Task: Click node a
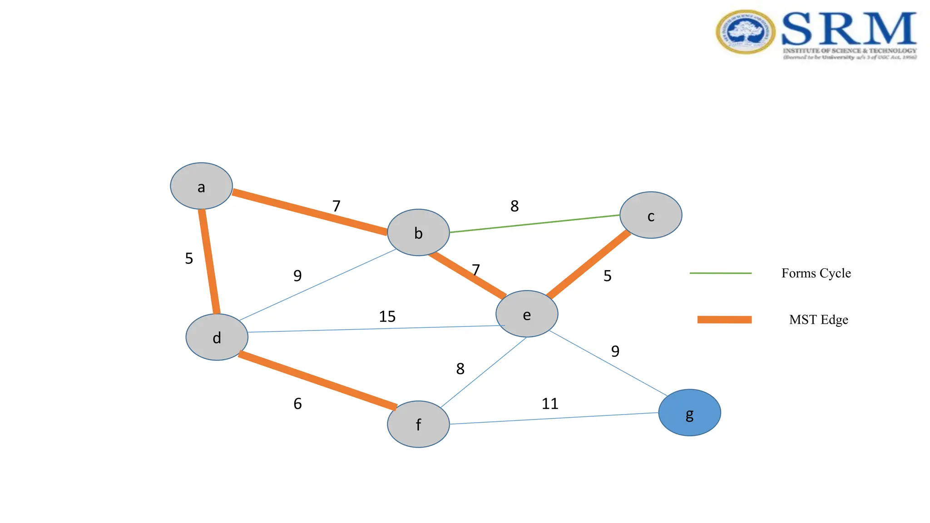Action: [201, 186]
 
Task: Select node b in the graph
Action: [418, 232]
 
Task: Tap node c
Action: [651, 215]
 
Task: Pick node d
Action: [217, 337]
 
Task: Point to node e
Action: [527, 314]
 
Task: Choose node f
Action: [418, 424]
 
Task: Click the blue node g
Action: [689, 413]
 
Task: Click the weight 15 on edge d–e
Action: [387, 316]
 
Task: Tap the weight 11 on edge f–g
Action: [550, 404]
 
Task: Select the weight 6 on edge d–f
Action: [297, 404]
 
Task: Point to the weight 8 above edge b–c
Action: [514, 206]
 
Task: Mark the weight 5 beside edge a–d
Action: [189, 259]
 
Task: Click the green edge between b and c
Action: [535, 224]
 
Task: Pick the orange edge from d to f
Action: [317, 380]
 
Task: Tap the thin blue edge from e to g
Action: [608, 363]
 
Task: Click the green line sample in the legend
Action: [721, 273]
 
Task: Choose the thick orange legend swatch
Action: [724, 320]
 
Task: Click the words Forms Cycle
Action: [816, 273]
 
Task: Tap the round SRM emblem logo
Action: [746, 32]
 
